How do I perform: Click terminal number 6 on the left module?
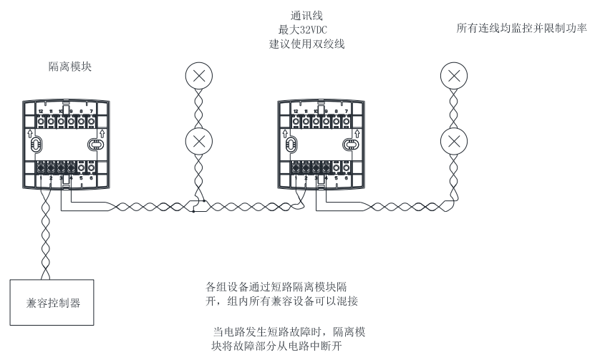92,177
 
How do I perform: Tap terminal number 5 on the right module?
337,177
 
